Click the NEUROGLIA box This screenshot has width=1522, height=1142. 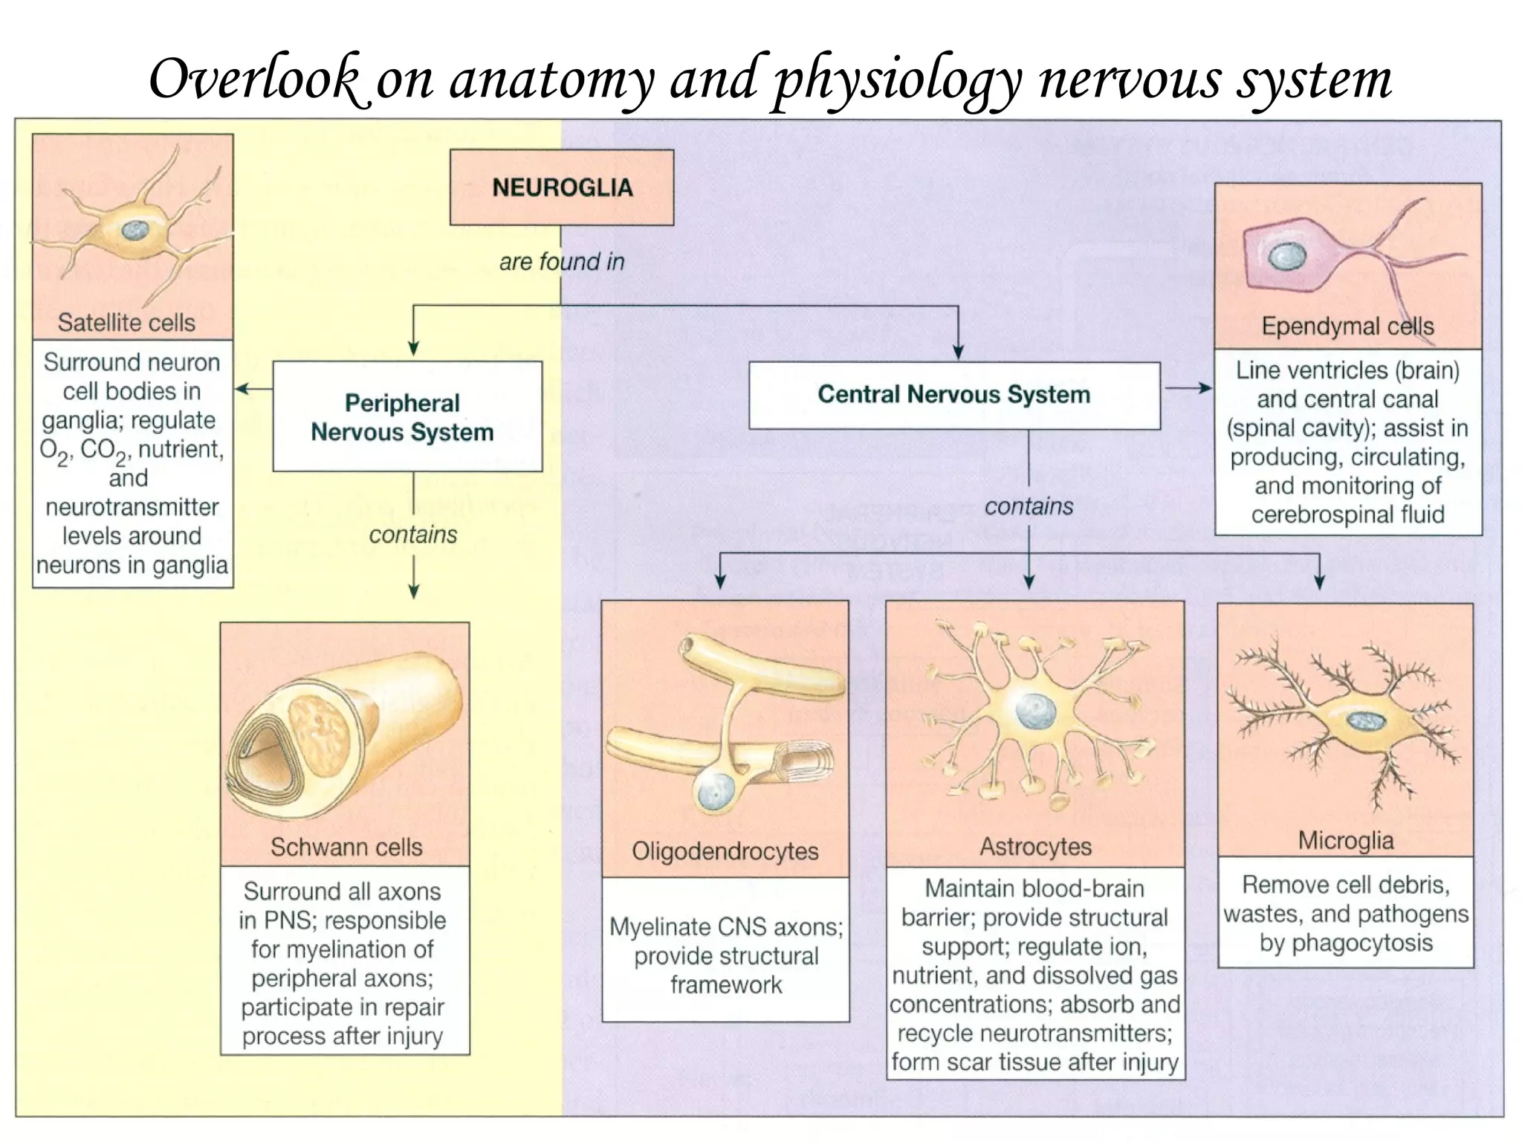pos(562,187)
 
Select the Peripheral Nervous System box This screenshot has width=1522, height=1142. pos(407,416)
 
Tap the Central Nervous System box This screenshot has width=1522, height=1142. pos(954,395)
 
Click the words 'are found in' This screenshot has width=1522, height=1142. pos(561,262)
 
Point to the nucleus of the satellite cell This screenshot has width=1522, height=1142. pos(135,230)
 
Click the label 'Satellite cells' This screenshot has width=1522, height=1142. pos(126,323)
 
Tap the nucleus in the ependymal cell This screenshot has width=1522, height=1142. pos(1282,257)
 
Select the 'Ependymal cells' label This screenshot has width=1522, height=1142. pos(1347,326)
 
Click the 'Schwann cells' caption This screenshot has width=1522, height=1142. pos(346,847)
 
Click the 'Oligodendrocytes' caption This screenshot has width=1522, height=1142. pos(725,851)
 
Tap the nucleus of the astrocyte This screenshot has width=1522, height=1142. pos(1035,712)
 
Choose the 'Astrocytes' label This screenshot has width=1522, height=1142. pos(1035,847)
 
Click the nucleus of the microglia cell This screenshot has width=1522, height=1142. pos(1365,720)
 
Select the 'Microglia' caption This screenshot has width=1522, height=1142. pos(1345,841)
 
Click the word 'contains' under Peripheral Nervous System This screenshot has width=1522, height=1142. pos(413,535)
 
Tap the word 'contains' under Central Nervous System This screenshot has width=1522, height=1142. pos(1029,506)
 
